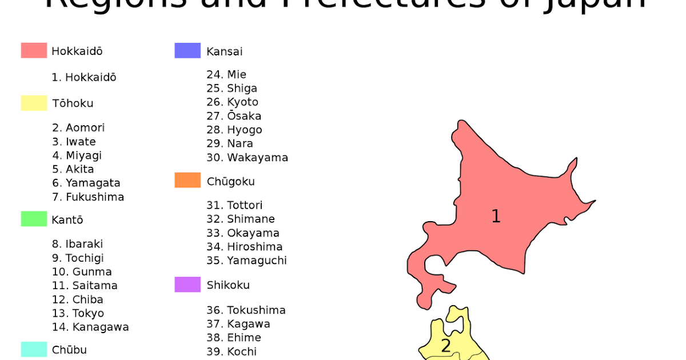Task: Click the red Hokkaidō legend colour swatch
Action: (34, 50)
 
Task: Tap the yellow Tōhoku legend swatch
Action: (34, 103)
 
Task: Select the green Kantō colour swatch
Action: (34, 219)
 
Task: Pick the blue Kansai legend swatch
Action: (188, 50)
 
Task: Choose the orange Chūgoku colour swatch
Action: (188, 181)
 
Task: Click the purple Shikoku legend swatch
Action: (188, 285)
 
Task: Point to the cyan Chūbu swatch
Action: (34, 349)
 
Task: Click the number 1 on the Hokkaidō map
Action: (496, 217)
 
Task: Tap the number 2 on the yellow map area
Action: (446, 346)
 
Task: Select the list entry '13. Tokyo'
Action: (78, 313)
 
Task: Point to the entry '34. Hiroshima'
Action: (244, 247)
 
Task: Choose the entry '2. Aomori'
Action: (78, 128)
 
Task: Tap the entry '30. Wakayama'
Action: (247, 158)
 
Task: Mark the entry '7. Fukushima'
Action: (88, 197)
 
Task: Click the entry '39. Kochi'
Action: (232, 351)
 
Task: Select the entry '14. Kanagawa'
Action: (90, 327)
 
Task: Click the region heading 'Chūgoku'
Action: (230, 182)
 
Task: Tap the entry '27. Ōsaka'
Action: (234, 116)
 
